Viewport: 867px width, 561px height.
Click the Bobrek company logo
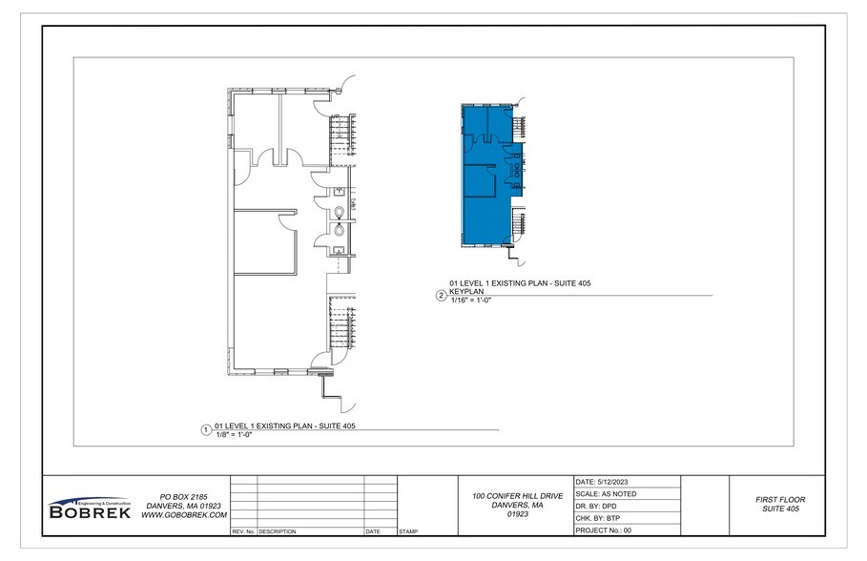click(x=88, y=508)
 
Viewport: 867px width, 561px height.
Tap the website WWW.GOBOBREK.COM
click(x=183, y=514)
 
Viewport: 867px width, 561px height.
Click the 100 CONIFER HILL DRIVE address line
click(x=518, y=497)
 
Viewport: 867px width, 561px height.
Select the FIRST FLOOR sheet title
click(x=780, y=500)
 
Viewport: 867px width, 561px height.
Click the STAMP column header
click(x=408, y=530)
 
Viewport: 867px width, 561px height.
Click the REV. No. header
click(x=242, y=530)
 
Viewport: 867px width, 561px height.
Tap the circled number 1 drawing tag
click(x=205, y=430)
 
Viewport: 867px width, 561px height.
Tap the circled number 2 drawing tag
click(x=441, y=296)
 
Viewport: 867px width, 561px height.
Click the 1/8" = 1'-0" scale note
click(x=234, y=435)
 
